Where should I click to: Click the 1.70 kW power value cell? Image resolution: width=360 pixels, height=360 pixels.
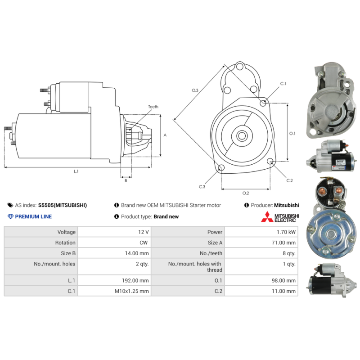click(286, 232)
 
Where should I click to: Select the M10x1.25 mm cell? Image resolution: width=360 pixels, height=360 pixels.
click(131, 291)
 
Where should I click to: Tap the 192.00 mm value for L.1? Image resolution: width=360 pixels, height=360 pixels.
click(135, 280)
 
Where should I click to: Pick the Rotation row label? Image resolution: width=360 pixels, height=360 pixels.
click(65, 243)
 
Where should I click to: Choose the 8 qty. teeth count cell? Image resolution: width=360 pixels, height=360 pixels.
click(289, 253)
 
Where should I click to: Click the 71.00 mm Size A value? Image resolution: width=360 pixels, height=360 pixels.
click(283, 243)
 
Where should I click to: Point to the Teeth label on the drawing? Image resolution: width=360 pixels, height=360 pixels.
click(153, 107)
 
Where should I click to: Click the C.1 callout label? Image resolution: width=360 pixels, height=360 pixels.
click(283, 84)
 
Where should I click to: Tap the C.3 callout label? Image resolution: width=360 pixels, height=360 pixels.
click(202, 187)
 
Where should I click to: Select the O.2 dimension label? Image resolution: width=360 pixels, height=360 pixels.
click(246, 193)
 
